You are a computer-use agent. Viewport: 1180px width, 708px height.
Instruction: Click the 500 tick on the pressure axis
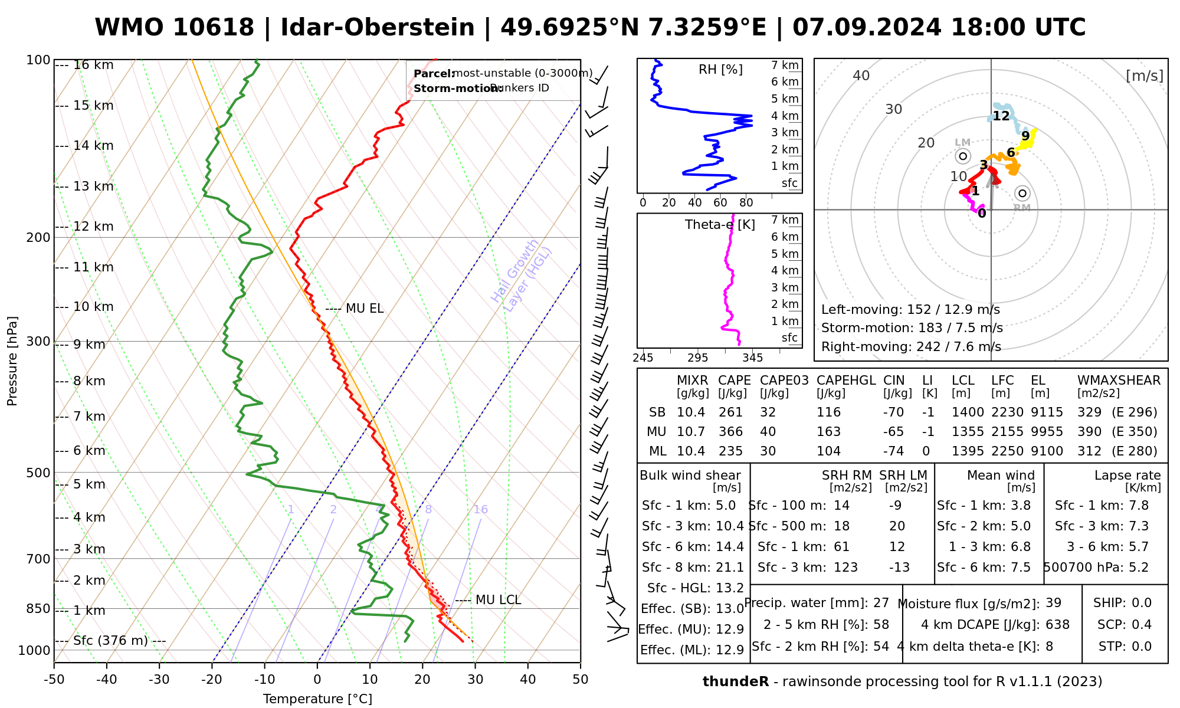39,473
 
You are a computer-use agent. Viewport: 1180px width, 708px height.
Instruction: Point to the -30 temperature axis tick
159,680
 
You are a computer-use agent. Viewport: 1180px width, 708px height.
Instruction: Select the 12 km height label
93,227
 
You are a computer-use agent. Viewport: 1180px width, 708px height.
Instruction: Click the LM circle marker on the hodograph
963,156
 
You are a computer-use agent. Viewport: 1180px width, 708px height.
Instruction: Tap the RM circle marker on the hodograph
1022,193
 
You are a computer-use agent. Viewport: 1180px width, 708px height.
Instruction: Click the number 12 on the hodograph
1001,116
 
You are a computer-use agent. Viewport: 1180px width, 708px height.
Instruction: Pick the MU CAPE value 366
730,432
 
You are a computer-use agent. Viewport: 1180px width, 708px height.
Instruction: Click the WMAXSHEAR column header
1119,381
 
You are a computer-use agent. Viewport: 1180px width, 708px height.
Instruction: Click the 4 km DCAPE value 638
1057,625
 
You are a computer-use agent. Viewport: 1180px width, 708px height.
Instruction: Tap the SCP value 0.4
1141,625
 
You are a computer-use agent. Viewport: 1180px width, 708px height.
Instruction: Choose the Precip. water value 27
881,603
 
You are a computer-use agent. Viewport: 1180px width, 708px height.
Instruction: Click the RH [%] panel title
720,70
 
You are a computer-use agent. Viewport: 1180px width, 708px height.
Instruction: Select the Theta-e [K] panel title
720,225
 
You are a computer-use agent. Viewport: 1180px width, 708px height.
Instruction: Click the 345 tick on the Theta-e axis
752,358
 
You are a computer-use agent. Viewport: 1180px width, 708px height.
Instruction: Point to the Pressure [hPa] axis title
12,361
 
